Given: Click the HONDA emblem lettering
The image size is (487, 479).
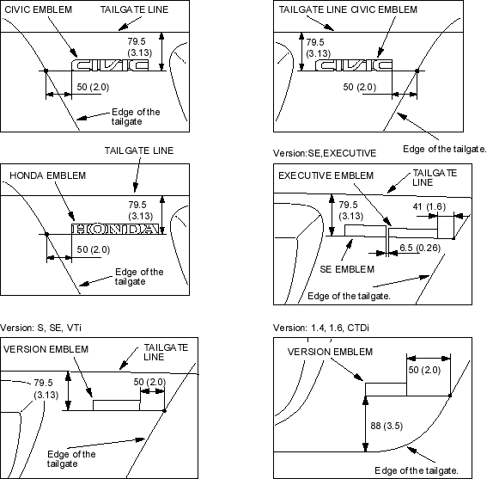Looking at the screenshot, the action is (117, 229).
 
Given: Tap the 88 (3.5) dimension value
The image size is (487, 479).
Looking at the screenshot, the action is (387, 426).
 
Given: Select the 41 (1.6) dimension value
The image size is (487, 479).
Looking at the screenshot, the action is (429, 206).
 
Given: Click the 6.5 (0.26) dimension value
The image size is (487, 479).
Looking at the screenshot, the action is (420, 248).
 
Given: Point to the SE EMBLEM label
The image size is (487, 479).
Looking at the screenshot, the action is (347, 269).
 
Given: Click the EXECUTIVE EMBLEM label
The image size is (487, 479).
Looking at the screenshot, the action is (326, 175).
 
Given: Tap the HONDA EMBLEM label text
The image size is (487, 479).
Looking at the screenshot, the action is (47, 175).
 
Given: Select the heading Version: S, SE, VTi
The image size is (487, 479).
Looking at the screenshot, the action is (40, 328).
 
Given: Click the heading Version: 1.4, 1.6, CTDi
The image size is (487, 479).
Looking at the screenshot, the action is (321, 328).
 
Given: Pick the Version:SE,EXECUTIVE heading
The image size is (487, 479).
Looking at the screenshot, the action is (325, 153).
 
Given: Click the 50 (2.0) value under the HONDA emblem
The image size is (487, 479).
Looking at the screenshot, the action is (93, 249).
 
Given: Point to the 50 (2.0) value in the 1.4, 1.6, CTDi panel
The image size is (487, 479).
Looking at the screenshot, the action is (424, 370).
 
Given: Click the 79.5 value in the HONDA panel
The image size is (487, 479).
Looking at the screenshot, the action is (137, 205).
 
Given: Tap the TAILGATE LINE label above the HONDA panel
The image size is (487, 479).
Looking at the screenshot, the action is (139, 150).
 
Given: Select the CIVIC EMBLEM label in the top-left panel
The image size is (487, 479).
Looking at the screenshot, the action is (38, 9).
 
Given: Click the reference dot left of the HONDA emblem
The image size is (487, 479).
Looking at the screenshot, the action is (47, 234).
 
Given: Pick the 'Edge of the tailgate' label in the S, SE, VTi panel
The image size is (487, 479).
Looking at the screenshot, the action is (71, 459).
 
